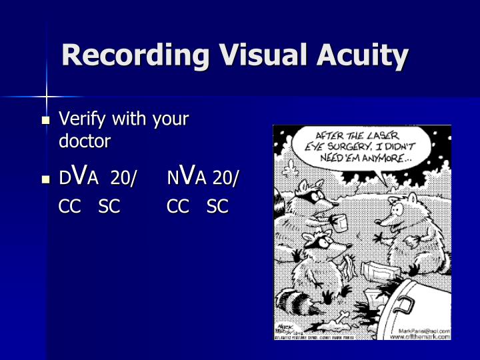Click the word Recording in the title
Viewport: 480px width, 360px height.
[122, 55]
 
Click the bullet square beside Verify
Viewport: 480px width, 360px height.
[45, 121]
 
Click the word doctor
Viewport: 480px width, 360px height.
[85, 141]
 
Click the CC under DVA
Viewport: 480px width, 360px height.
[70, 207]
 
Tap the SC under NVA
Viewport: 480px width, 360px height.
[217, 207]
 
